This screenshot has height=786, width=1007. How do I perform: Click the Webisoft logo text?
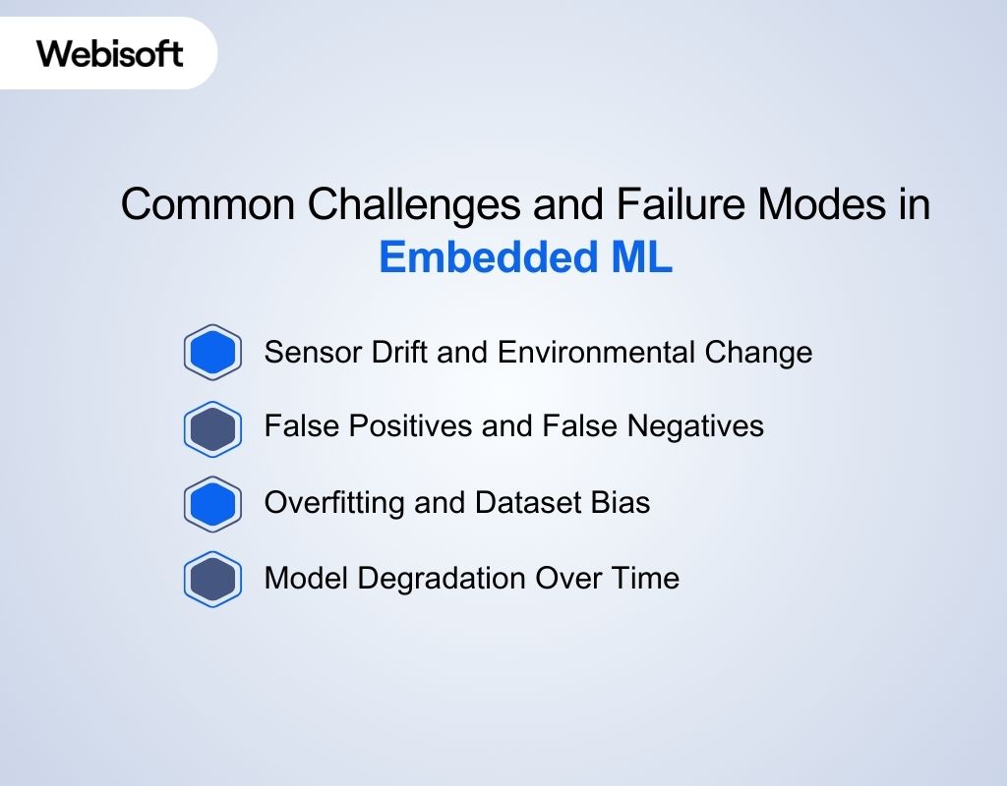pyautogui.click(x=110, y=53)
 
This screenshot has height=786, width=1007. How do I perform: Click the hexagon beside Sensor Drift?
pyautogui.click(x=212, y=352)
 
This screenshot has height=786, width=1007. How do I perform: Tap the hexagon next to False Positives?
pyautogui.click(x=212, y=428)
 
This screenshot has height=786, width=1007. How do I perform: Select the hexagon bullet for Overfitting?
pyautogui.click(x=212, y=504)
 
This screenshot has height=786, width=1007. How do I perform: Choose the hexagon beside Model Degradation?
pyautogui.click(x=212, y=579)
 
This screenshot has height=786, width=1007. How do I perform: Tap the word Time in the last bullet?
pyautogui.click(x=644, y=578)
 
